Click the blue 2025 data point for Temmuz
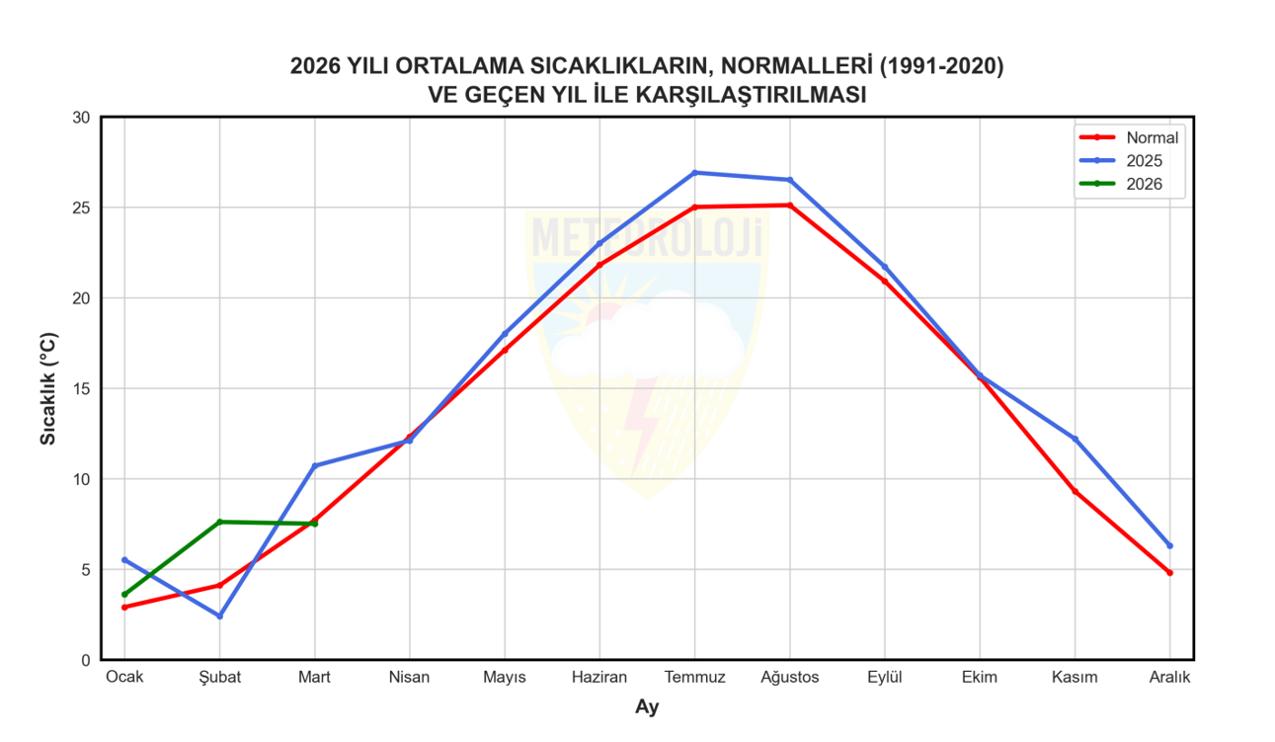[x=694, y=173]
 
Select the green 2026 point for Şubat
[x=219, y=522]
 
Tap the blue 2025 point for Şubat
[x=219, y=616]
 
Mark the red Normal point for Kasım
[x=1075, y=491]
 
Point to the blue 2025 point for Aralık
[x=1169, y=545]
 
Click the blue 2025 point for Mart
[x=314, y=465]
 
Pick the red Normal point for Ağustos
[x=789, y=206]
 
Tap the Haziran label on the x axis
[x=599, y=678]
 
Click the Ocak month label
[x=124, y=678]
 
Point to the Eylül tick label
[x=885, y=678]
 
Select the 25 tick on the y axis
[x=81, y=208]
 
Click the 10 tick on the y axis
[x=81, y=479]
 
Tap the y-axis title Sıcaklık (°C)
[x=48, y=388]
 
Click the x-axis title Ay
[x=647, y=707]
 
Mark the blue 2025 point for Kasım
[x=1075, y=439]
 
